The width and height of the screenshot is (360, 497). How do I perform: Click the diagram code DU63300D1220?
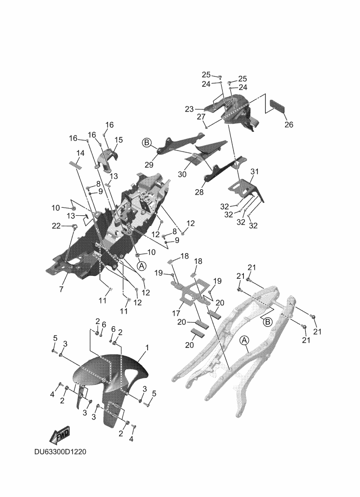[60, 452]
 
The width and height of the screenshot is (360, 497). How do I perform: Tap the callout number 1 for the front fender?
[147, 347]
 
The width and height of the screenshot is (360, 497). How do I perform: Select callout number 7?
[61, 289]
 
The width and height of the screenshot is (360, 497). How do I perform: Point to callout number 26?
[289, 124]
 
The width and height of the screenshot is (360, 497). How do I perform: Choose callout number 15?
[119, 140]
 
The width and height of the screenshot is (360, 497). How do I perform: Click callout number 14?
[80, 153]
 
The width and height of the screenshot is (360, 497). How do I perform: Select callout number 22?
[56, 226]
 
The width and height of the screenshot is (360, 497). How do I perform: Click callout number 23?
[189, 109]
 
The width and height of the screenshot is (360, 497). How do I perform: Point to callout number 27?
[201, 117]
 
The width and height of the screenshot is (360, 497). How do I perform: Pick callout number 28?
[199, 192]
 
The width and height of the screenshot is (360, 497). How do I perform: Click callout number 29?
[149, 165]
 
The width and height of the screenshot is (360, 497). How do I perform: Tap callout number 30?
[182, 174]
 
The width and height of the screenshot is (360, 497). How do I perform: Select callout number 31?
[255, 171]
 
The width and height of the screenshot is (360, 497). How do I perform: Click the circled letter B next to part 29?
[147, 143]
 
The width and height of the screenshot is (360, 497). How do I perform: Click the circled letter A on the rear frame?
[244, 340]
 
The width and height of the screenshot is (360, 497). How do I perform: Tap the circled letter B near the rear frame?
[268, 322]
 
